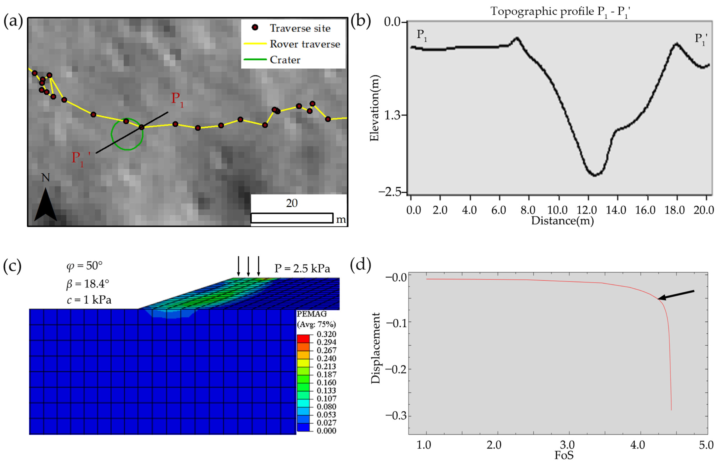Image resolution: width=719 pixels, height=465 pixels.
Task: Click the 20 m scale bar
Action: pyautogui.click(x=292, y=218)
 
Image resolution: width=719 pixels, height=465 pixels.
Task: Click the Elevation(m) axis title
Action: pyautogui.click(x=374, y=108)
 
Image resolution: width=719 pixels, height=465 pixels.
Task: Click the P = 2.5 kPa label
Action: pyautogui.click(x=302, y=268)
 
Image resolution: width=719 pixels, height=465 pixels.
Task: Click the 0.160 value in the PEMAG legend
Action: pyautogui.click(x=326, y=382)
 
